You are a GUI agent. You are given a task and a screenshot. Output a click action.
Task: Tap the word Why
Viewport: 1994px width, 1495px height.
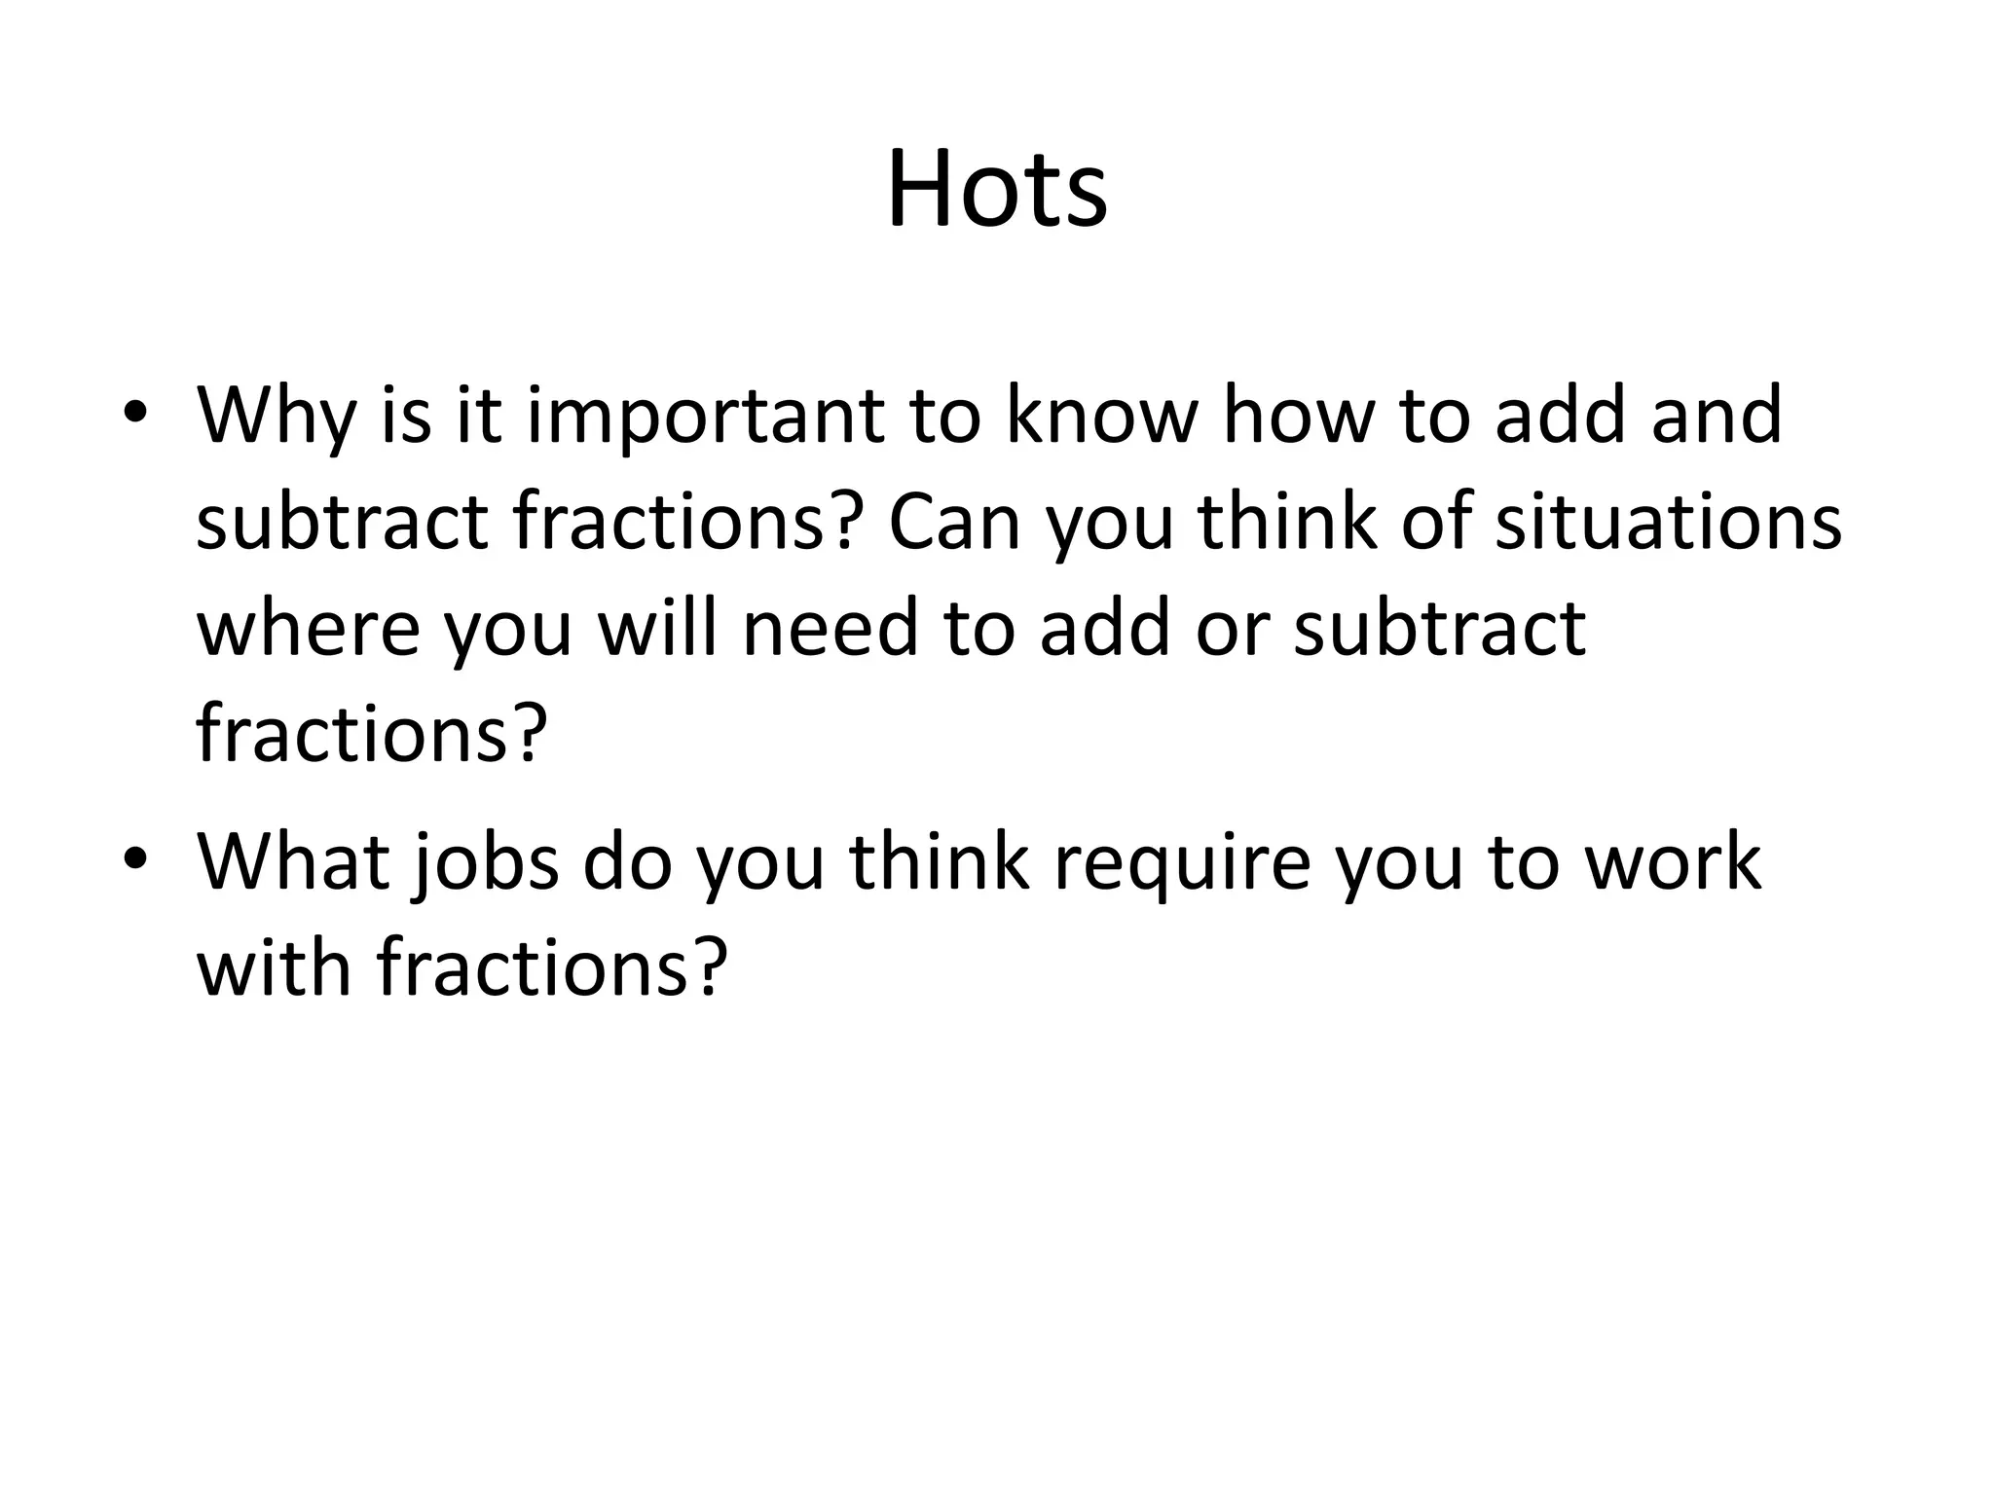point(275,416)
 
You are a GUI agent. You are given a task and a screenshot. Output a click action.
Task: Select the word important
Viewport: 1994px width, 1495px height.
point(704,416)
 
